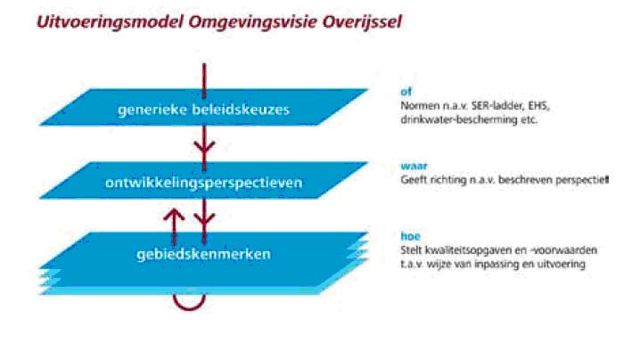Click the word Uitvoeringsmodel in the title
point(110,22)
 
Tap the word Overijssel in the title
point(362,22)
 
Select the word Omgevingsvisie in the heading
point(252,22)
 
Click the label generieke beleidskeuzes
point(203,110)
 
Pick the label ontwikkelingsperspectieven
point(203,183)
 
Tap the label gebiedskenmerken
point(203,254)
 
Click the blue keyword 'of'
point(406,92)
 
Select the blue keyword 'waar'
point(414,166)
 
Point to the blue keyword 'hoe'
point(410,236)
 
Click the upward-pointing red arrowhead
point(174,214)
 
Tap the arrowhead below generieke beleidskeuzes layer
point(204,147)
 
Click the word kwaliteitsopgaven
point(471,250)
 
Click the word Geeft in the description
point(412,180)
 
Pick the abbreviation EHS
point(538,106)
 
